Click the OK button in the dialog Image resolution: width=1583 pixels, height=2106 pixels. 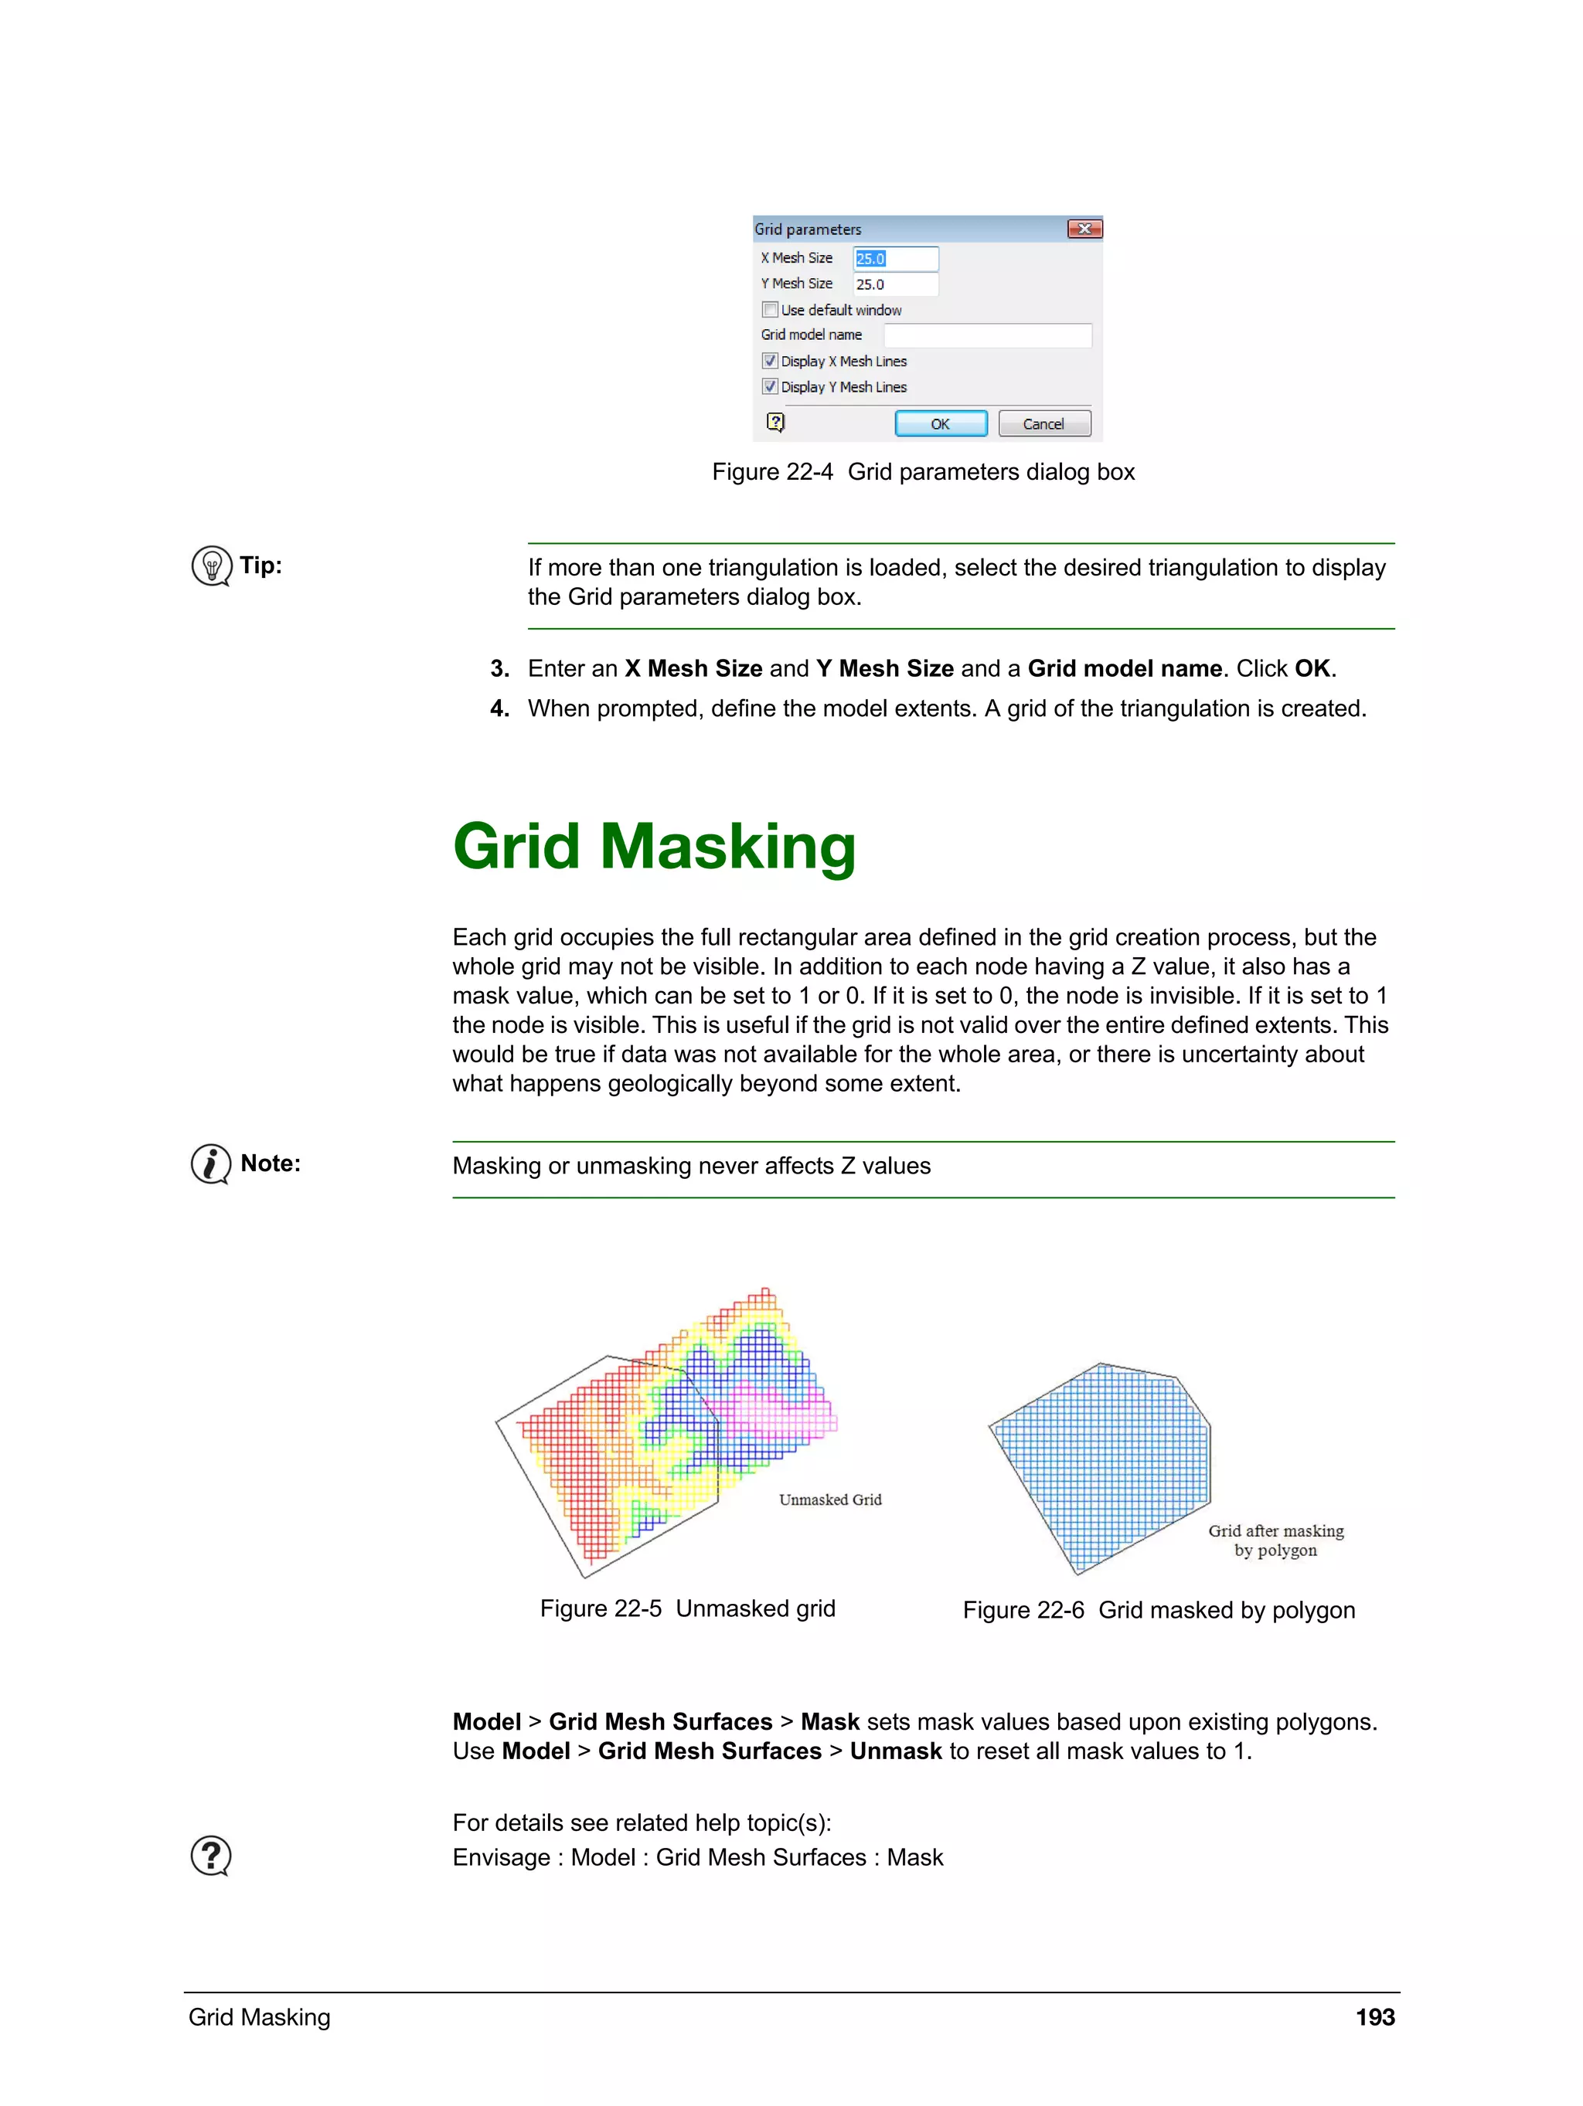[x=940, y=423]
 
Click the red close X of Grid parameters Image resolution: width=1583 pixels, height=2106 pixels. [x=1084, y=229]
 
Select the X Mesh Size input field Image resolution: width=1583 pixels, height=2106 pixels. [x=895, y=259]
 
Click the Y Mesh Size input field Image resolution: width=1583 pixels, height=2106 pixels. [x=895, y=284]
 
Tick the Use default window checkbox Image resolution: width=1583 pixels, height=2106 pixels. [x=771, y=311]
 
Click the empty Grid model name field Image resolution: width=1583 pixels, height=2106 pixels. [x=987, y=335]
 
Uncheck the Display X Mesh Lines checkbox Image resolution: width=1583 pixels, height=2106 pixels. [x=771, y=362]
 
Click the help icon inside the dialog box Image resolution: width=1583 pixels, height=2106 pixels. [x=776, y=422]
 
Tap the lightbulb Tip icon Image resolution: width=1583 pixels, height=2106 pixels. [x=212, y=566]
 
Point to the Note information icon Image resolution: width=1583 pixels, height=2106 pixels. [x=210, y=1163]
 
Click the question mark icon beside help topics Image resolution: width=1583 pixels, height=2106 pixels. [x=210, y=1856]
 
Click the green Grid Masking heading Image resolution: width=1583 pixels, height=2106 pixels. [x=655, y=847]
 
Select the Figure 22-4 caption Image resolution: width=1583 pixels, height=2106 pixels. [x=923, y=472]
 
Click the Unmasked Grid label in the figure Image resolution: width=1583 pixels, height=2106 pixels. [x=829, y=1500]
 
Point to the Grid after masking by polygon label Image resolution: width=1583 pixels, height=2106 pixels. [x=1275, y=1540]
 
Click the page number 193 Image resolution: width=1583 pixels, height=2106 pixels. [x=1374, y=2016]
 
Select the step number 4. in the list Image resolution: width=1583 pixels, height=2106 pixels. [x=500, y=708]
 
